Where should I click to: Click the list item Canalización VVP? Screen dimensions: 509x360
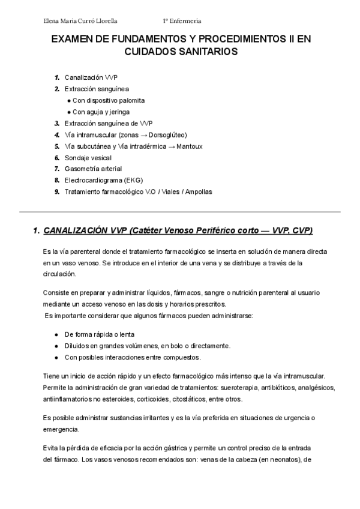point(92,77)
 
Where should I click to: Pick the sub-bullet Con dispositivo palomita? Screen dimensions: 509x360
point(109,100)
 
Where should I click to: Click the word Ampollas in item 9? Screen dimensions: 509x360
point(199,191)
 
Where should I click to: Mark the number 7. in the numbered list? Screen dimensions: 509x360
point(56,169)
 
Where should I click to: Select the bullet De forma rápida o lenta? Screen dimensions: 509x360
point(100,334)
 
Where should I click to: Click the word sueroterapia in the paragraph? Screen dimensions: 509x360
point(242,387)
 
